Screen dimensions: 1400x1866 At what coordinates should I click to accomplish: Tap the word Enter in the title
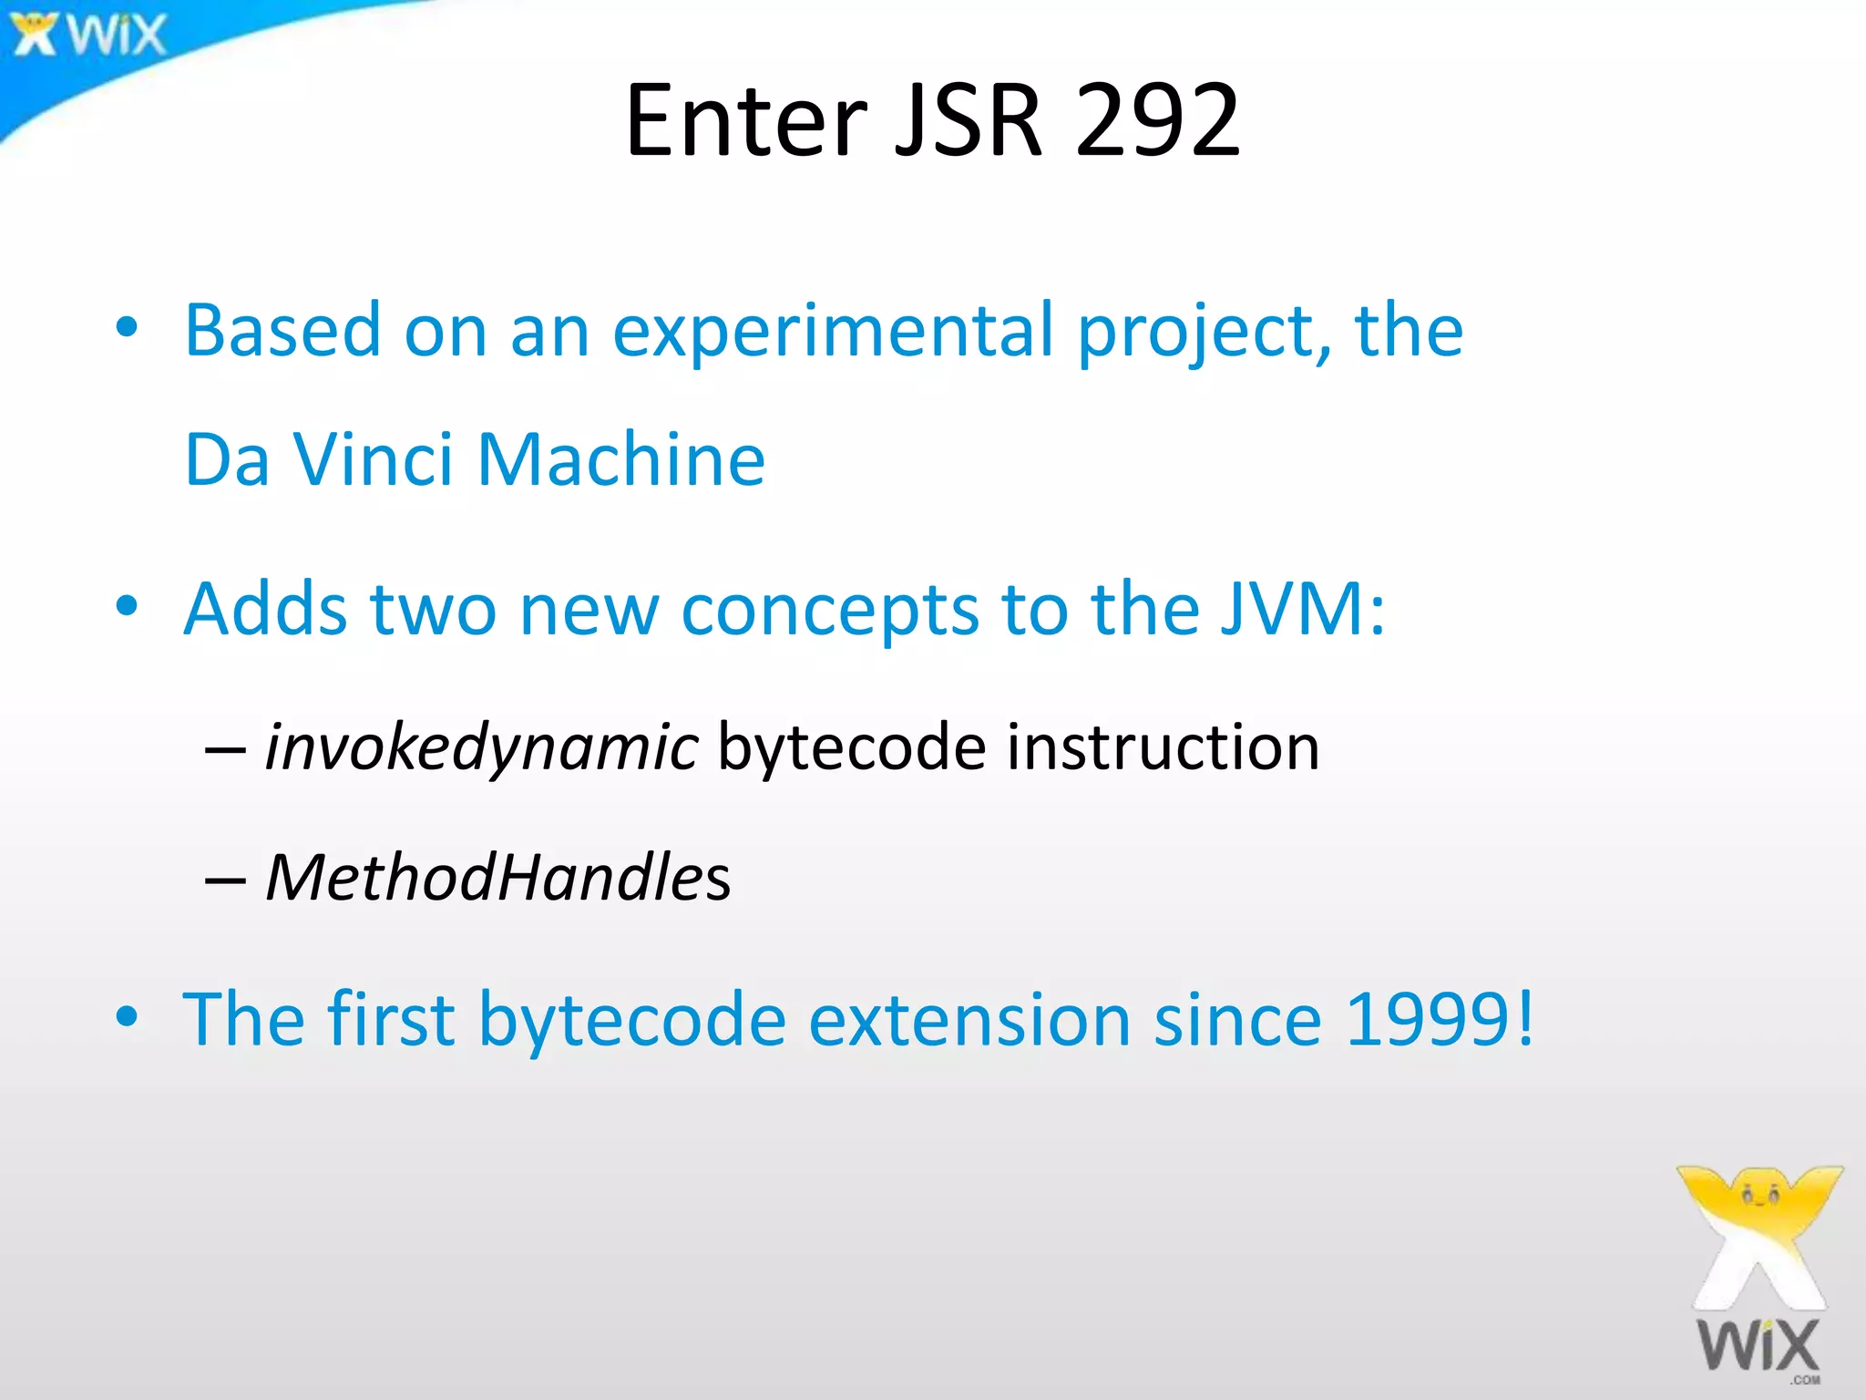(x=746, y=119)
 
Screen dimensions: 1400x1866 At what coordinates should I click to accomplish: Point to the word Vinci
(x=374, y=459)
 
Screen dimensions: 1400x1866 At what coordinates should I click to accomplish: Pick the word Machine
(x=620, y=459)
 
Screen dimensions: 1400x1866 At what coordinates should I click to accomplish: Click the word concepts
(x=829, y=609)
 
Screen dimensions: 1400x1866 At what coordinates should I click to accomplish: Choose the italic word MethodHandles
(x=497, y=877)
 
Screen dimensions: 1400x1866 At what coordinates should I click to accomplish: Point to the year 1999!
(x=1440, y=1018)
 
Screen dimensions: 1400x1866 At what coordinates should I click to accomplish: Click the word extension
(x=969, y=1018)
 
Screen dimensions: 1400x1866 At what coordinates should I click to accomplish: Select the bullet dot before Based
(x=127, y=328)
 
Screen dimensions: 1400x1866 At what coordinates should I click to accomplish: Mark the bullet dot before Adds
(x=127, y=606)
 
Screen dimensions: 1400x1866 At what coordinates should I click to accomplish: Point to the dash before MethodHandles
(x=225, y=880)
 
